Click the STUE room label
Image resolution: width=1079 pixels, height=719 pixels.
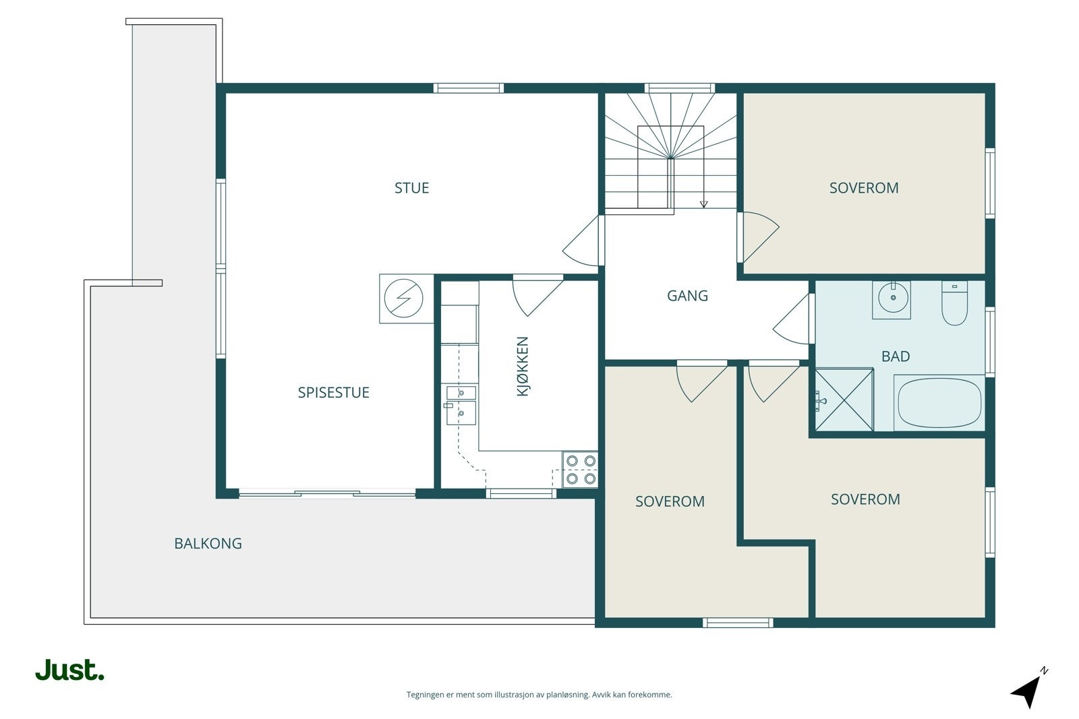click(x=411, y=188)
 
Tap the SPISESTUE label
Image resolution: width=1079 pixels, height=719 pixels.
click(x=333, y=393)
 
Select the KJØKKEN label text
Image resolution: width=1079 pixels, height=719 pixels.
click(x=523, y=366)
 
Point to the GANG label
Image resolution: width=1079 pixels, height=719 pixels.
click(x=687, y=296)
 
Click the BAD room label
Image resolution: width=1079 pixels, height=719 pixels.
click(x=896, y=356)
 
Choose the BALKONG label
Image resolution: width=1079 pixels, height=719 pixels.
click(x=208, y=543)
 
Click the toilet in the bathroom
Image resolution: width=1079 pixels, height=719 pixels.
click(x=954, y=303)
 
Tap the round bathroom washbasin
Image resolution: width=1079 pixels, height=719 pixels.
click(x=893, y=298)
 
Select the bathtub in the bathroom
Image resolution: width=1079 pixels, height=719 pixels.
click(x=939, y=402)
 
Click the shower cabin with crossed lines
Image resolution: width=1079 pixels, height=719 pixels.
click(x=844, y=400)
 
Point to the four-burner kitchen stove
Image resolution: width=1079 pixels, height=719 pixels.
click(x=581, y=469)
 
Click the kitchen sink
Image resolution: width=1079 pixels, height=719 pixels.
click(x=461, y=405)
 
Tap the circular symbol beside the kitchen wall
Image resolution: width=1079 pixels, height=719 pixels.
click(x=403, y=299)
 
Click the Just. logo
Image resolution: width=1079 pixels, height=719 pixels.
click(x=70, y=670)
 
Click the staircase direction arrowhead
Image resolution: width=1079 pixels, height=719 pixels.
click(x=704, y=205)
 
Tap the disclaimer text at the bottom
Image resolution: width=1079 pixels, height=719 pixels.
click(x=539, y=695)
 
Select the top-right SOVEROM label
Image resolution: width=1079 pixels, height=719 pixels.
click(x=864, y=188)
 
